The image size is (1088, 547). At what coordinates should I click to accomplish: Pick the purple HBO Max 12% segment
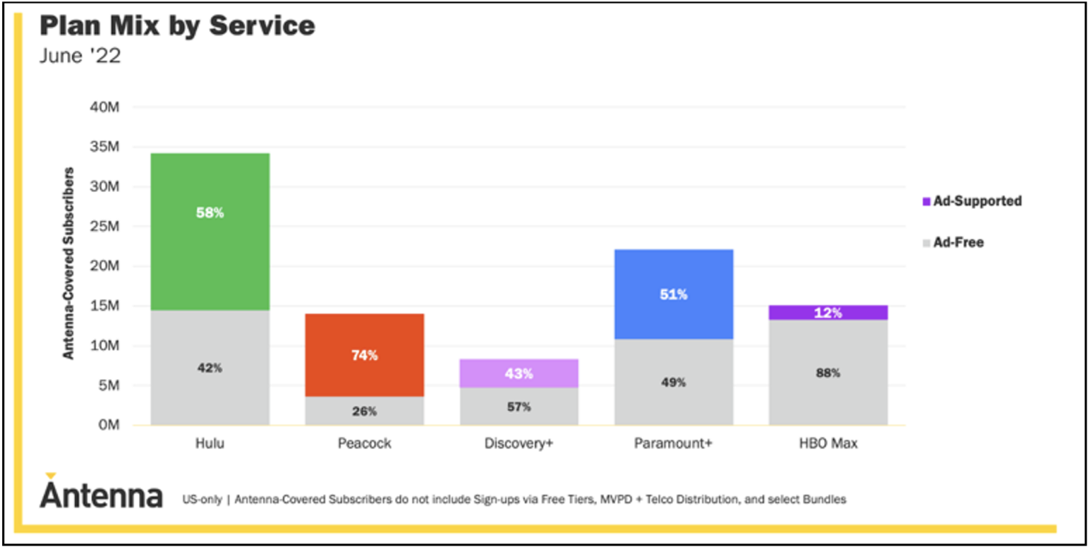pos(827,312)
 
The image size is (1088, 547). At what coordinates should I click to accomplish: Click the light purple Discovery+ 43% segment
pos(518,373)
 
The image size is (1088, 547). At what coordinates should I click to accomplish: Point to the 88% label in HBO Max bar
pos(827,373)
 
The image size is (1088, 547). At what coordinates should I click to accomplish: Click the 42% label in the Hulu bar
pos(210,368)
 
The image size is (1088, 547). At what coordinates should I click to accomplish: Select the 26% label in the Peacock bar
pos(364,411)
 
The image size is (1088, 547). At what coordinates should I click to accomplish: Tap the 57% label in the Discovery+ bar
pos(518,407)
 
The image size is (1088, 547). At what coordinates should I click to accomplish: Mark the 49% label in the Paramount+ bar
pos(674,383)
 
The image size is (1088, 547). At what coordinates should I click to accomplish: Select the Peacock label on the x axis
pos(364,444)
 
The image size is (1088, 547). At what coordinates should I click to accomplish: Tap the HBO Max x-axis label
pos(827,444)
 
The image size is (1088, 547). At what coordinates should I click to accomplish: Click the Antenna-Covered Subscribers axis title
pos(69,264)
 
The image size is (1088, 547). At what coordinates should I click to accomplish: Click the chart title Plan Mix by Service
pos(177,26)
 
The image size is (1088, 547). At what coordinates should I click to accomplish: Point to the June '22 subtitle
pos(80,56)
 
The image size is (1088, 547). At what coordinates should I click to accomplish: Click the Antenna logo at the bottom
pos(101,493)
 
